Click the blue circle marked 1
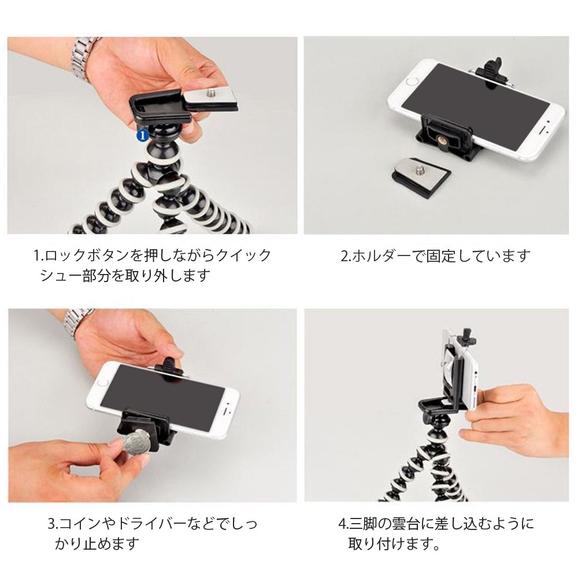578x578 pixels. (x=143, y=134)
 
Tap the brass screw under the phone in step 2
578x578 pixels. (x=442, y=141)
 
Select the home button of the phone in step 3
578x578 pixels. (x=103, y=383)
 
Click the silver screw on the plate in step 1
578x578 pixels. (x=212, y=91)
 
